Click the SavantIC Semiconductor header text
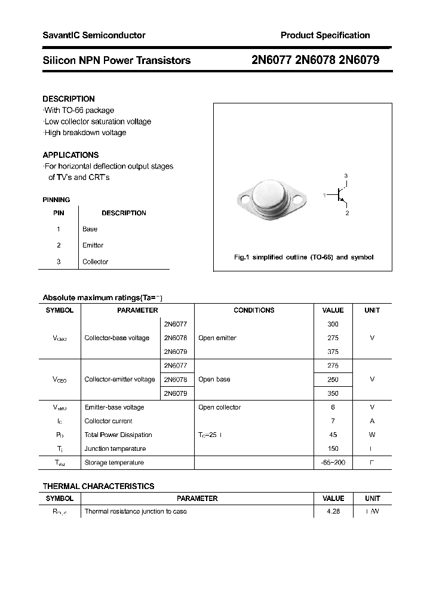[94, 35]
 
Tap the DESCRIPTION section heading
[69, 99]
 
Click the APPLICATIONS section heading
[70, 155]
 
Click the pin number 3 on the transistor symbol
[346, 175]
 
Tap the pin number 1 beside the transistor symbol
[324, 195]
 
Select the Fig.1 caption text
[303, 257]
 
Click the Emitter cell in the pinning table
[93, 245]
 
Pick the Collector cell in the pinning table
[95, 262]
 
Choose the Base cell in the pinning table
[90, 229]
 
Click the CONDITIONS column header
[254, 310]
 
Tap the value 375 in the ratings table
[333, 352]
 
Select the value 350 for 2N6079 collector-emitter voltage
[333, 393]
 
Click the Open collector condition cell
[219, 407]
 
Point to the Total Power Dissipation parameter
[118, 435]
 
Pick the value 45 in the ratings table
[333, 435]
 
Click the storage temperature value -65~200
[333, 462]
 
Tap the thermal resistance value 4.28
[333, 512]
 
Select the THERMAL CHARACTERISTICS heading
[99, 486]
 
